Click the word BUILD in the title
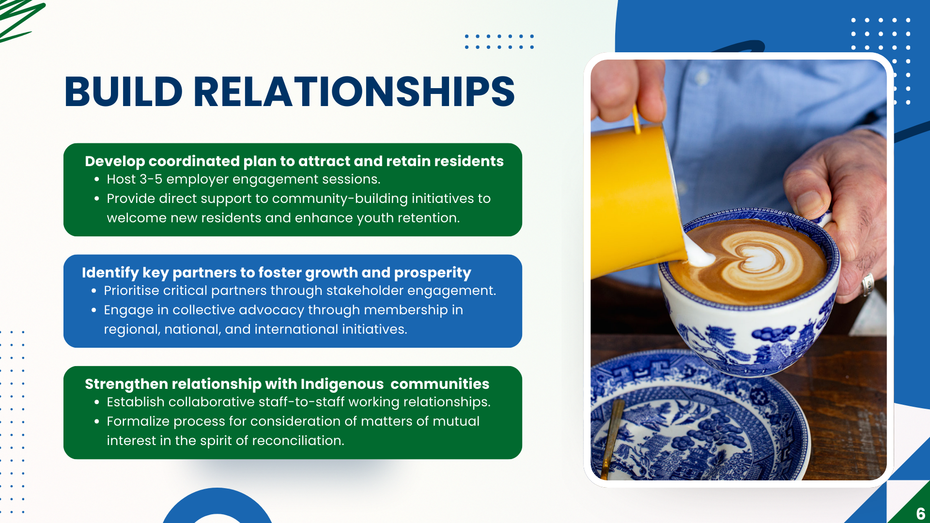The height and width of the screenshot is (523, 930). (x=124, y=92)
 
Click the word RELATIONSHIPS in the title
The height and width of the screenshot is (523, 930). (x=354, y=92)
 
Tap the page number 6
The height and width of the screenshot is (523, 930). (x=920, y=514)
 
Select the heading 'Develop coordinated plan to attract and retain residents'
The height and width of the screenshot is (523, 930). (x=294, y=161)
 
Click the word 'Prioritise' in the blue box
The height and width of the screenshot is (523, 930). (x=131, y=291)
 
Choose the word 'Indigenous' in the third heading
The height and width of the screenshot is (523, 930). (x=342, y=384)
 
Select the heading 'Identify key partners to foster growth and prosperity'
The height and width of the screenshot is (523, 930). (x=276, y=273)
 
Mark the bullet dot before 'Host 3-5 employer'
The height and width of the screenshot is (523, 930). (x=97, y=180)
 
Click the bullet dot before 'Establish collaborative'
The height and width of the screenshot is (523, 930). (x=97, y=402)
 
